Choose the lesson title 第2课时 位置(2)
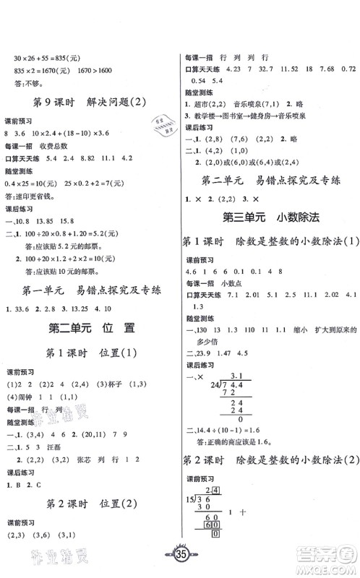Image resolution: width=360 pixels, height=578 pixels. coord(90,504)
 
